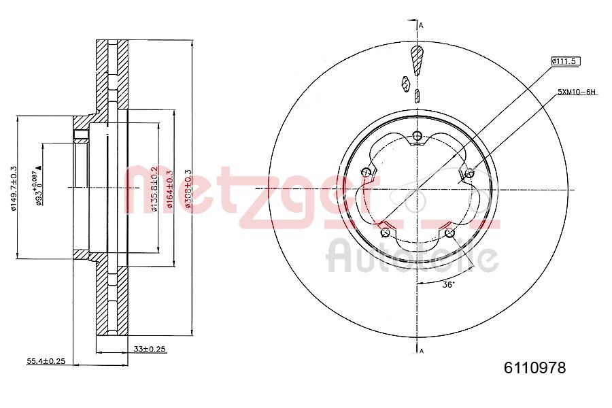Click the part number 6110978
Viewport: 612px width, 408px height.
[534, 368]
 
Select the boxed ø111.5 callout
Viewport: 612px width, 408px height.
[565, 61]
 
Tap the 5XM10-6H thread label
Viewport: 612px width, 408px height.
[577, 91]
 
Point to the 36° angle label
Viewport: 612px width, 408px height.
[448, 285]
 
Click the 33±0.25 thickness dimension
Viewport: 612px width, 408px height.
[150, 349]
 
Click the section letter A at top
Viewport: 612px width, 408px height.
[422, 26]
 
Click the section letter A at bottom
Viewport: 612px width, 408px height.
[422, 351]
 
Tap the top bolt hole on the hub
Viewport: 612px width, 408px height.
[416, 136]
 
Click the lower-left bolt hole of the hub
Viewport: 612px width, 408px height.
[386, 233]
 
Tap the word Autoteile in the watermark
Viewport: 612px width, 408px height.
[413, 256]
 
